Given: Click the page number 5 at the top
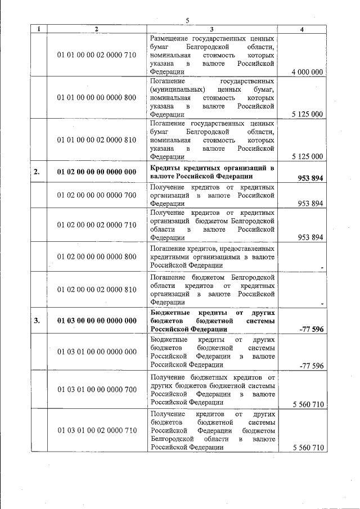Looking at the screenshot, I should tap(188, 21).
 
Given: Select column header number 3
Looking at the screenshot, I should tap(211, 29).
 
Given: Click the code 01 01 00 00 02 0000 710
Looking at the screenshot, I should tap(96, 55).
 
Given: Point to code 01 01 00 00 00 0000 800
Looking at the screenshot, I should tap(96, 97).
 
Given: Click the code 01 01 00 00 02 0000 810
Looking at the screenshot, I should tap(96, 140).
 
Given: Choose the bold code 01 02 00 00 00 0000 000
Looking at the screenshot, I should tap(96, 172).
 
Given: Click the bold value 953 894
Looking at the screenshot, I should tap(310, 178).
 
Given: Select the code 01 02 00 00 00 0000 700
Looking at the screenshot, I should tap(96, 195).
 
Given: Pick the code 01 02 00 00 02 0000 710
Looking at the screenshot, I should tap(96, 225).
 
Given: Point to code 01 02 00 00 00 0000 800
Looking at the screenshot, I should tap(96, 256).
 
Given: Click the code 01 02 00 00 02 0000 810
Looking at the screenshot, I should tap(96, 290).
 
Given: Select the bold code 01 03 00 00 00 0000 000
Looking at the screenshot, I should tap(96, 321).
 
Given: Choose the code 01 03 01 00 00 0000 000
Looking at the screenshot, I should tap(96, 352).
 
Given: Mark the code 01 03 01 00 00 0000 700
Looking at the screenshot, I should tap(96, 389).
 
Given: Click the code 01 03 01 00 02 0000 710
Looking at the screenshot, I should tap(96, 430).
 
